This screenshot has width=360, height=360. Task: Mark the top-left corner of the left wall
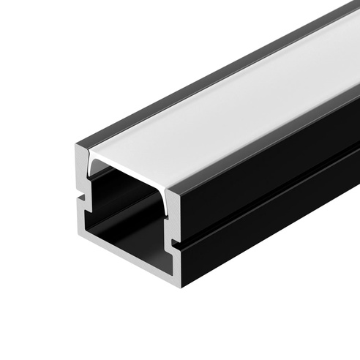(77, 146)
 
